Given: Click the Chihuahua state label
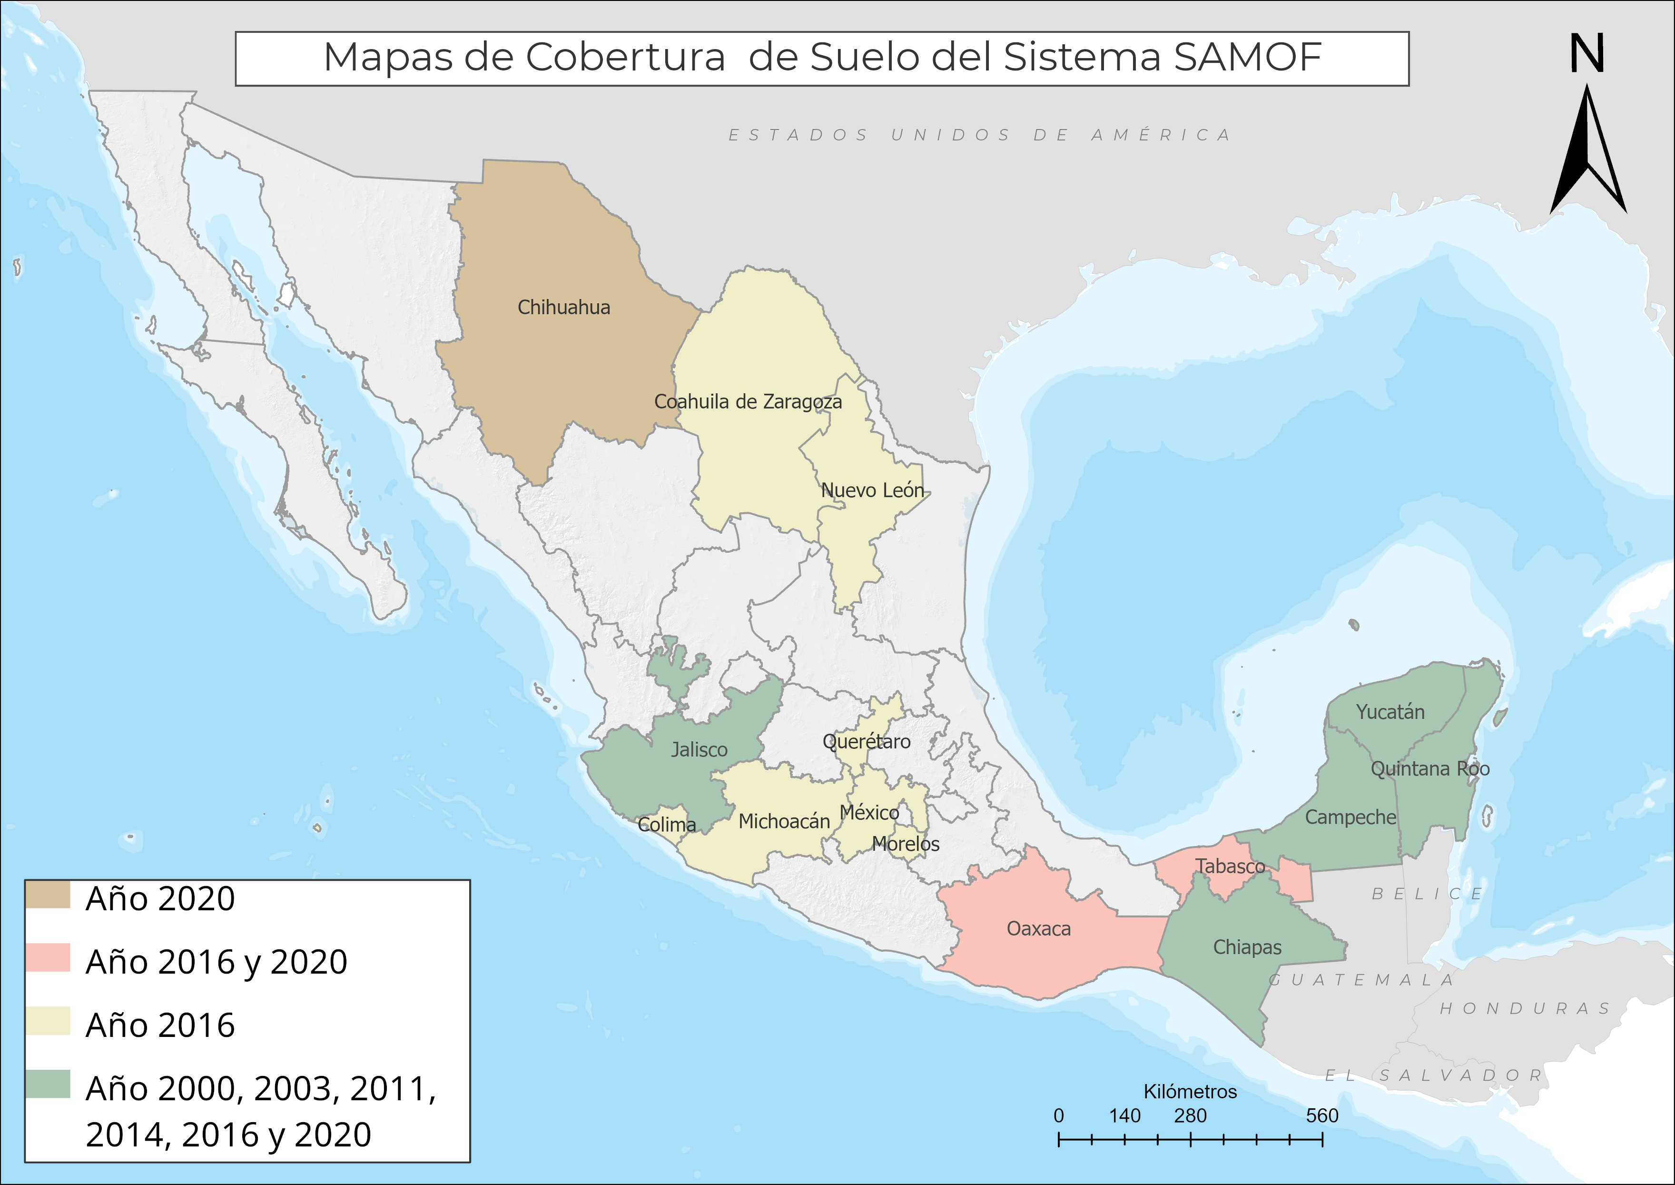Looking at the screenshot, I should coord(563,307).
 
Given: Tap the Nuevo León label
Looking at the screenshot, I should coord(873,490).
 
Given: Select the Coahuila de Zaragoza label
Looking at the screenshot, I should coord(748,401).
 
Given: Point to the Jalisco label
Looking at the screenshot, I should coord(699,749).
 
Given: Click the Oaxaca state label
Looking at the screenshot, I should coord(1038,929).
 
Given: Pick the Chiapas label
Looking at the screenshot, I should coord(1247,947).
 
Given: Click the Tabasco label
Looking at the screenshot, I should coord(1230,866).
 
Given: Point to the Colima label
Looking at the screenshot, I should coord(666,825).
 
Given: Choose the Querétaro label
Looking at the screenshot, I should coord(866,741).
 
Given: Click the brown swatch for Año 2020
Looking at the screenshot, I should coord(48,895).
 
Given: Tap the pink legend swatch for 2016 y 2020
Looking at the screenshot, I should coord(48,958).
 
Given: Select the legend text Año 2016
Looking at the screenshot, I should coord(160,1025).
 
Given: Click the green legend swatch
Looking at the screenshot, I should coord(48,1084).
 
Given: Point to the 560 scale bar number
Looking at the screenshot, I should coord(1322,1115).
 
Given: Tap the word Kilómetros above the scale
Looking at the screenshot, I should coord(1190,1092).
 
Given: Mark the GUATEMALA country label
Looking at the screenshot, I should coord(1362,979).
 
